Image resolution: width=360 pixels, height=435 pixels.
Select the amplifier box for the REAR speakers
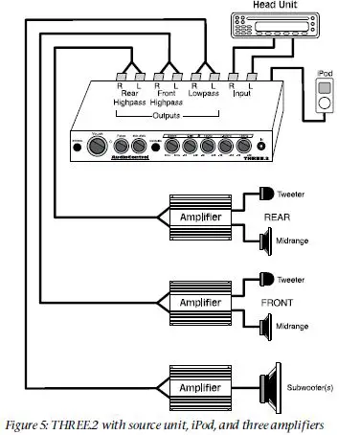point(200,218)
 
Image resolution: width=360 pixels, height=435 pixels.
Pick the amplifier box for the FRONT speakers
point(200,301)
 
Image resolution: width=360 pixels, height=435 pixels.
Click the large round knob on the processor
point(97,148)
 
